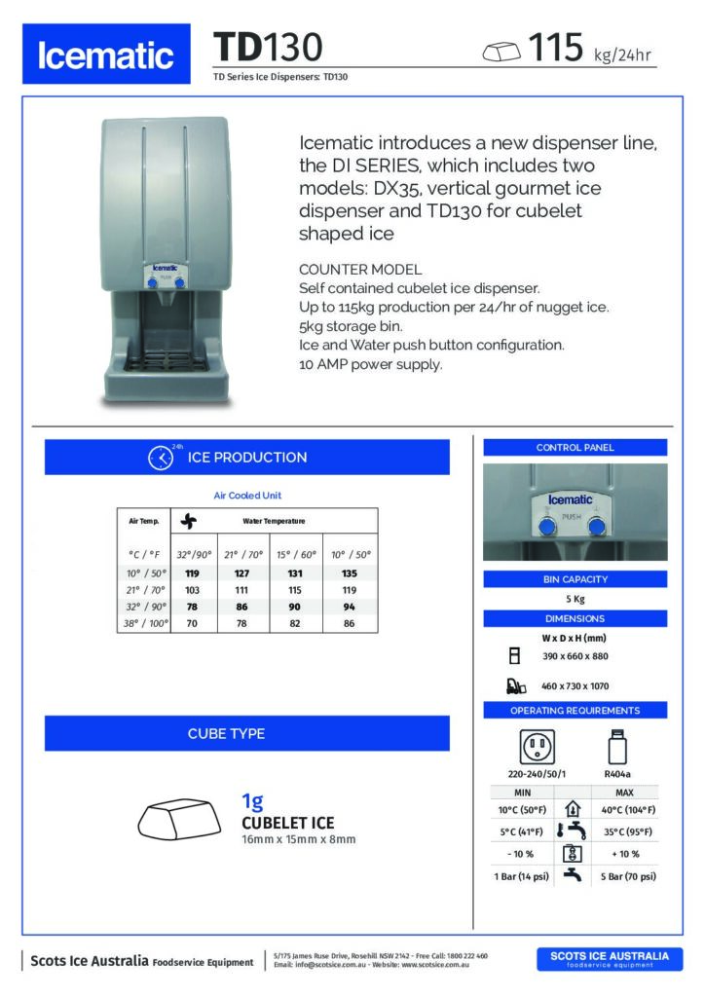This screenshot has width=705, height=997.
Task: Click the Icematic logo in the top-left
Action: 107,55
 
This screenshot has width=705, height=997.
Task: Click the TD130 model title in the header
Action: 267,47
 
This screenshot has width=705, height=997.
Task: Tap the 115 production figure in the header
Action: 555,46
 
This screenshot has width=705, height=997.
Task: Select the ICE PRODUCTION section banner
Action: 247,458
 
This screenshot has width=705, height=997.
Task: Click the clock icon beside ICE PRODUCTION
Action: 159,458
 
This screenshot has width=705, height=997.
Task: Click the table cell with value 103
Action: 192,590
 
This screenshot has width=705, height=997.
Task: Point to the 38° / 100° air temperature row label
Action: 142,622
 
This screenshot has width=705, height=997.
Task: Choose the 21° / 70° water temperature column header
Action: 242,553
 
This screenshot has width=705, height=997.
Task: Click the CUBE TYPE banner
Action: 247,733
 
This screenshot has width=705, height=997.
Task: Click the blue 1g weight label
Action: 252,802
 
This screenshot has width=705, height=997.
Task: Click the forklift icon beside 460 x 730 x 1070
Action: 516,686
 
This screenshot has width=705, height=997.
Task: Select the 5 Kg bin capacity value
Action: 575,599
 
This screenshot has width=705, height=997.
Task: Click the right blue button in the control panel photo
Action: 597,528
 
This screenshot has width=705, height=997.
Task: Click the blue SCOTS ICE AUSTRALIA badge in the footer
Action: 610,959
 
